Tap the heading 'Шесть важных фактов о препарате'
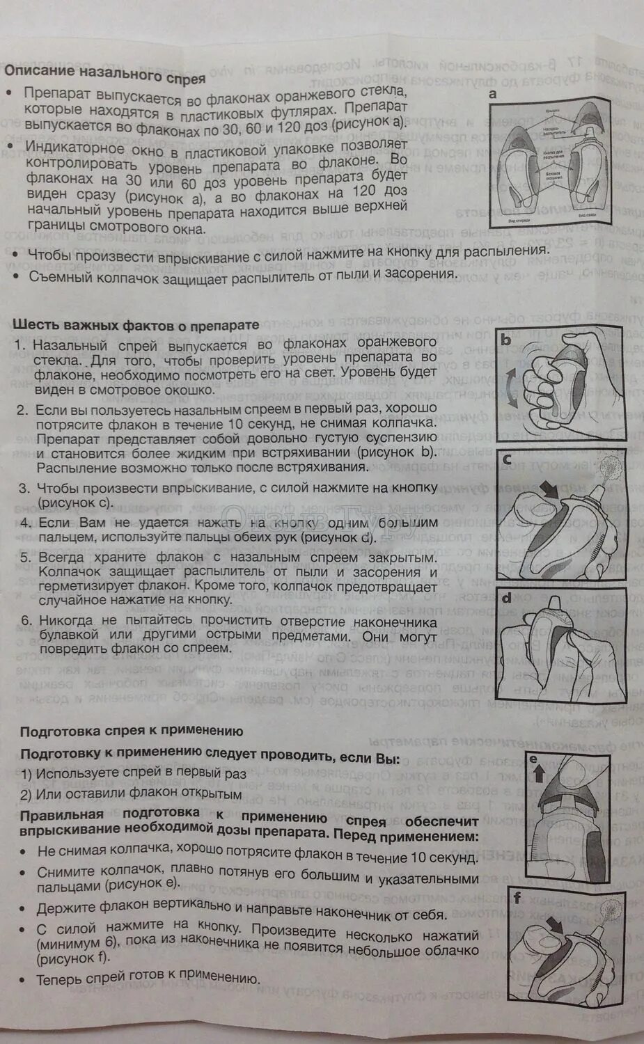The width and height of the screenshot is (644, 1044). pyautogui.click(x=136, y=325)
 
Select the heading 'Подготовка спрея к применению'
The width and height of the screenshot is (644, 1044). pyautogui.click(x=132, y=731)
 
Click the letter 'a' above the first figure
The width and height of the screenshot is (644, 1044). pyautogui.click(x=493, y=94)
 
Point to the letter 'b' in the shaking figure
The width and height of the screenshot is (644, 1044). pyautogui.click(x=507, y=340)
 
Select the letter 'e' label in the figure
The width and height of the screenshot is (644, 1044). pyautogui.click(x=535, y=759)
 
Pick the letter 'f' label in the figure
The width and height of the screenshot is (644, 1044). pyautogui.click(x=517, y=898)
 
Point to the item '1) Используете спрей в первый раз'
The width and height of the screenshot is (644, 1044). pyautogui.click(x=133, y=773)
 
